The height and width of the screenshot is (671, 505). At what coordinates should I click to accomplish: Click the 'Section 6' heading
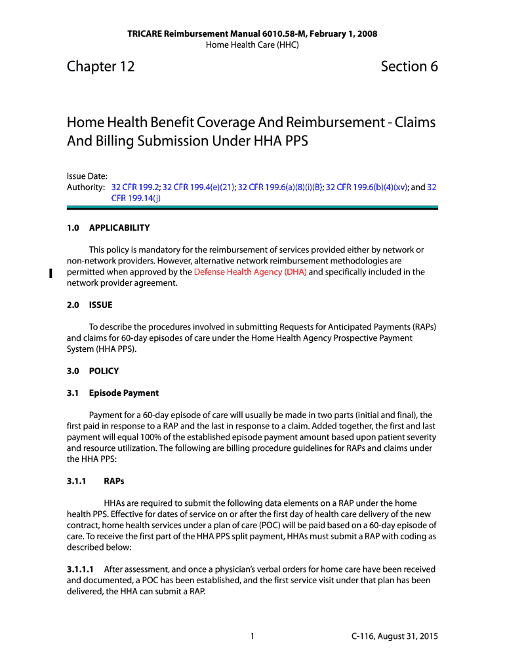409,67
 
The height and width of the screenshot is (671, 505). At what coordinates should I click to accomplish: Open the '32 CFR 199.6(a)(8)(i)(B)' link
280,187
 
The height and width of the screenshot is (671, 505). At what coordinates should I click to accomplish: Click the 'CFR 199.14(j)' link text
136,199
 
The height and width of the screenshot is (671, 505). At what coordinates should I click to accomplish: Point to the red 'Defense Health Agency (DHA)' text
250,272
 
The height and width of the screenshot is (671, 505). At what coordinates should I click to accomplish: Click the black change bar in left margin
50,273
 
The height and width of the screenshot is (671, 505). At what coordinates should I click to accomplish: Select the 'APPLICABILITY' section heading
119,228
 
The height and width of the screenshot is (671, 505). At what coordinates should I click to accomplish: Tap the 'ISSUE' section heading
100,305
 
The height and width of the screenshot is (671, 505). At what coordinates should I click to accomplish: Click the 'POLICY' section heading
104,371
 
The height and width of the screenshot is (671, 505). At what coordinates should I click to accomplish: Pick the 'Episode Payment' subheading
124,393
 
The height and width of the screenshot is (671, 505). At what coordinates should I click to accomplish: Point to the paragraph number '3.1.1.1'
81,569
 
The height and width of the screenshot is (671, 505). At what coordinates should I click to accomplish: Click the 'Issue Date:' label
87,176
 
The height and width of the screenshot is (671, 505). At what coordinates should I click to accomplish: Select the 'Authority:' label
87,187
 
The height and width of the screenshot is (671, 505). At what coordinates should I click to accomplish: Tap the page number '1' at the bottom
252,636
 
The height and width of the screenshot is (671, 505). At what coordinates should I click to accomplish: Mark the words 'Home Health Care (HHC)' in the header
252,45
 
